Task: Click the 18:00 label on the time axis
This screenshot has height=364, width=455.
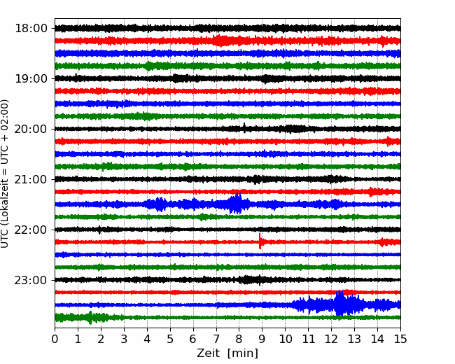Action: point(31,29)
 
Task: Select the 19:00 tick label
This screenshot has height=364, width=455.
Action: point(31,78)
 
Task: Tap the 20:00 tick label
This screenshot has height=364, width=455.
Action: point(31,129)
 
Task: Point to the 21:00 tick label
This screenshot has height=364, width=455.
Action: point(31,179)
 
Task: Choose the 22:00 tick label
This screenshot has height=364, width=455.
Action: point(31,230)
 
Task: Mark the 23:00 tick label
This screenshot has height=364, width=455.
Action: point(31,280)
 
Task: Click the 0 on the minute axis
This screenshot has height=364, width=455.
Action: point(55,339)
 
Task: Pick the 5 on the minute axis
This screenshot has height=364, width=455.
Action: point(170,339)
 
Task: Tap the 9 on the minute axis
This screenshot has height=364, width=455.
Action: point(262,339)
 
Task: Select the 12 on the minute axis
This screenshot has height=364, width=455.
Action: point(331,339)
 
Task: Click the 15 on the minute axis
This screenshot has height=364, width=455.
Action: point(400,339)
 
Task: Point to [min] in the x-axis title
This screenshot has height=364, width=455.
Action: point(243,353)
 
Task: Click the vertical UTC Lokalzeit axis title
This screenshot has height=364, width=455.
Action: point(5,174)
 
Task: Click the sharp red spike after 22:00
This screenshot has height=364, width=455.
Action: point(260,241)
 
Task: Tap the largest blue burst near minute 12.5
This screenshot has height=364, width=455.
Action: point(339,303)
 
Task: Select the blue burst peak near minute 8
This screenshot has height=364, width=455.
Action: point(238,203)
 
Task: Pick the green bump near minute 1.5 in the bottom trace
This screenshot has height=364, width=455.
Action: point(90,317)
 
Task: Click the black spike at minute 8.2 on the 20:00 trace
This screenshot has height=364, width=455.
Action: point(244,127)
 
